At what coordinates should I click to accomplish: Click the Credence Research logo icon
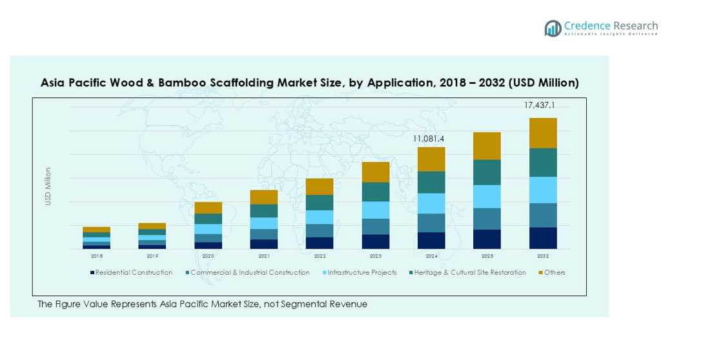coord(553,28)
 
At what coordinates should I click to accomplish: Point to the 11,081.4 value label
coord(429,139)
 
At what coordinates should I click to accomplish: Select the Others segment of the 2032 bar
coord(543,133)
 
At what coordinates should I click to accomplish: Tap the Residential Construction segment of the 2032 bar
coord(543,238)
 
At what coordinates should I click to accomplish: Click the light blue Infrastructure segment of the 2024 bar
coord(431,203)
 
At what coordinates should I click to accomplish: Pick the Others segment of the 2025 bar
coord(487,146)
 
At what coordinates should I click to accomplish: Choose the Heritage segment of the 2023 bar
coord(376,192)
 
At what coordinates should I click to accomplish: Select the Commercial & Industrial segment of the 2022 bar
coord(320,230)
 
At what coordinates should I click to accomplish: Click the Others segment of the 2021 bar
coord(263,197)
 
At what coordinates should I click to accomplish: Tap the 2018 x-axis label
coord(97,256)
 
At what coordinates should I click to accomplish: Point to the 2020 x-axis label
coord(208,256)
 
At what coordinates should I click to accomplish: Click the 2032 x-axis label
coord(543,256)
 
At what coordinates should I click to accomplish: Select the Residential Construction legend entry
coord(134,273)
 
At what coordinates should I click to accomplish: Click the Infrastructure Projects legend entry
coord(362,273)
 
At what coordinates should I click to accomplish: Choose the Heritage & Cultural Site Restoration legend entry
coord(470,273)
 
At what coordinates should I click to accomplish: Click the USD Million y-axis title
coord(48,187)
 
